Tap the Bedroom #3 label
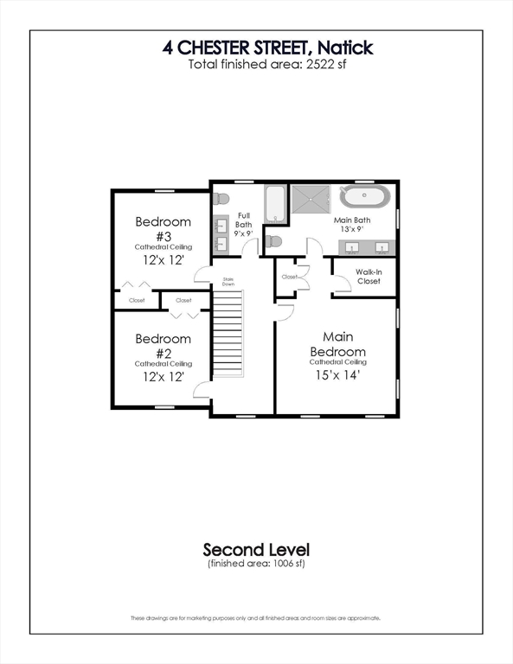(x=163, y=228)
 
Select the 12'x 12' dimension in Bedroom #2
(x=163, y=378)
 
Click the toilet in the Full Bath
(x=221, y=197)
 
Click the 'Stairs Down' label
(x=228, y=281)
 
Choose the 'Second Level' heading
(x=256, y=549)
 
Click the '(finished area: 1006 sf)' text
(x=256, y=564)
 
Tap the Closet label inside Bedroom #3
(x=137, y=300)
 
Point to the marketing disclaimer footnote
(x=256, y=618)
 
